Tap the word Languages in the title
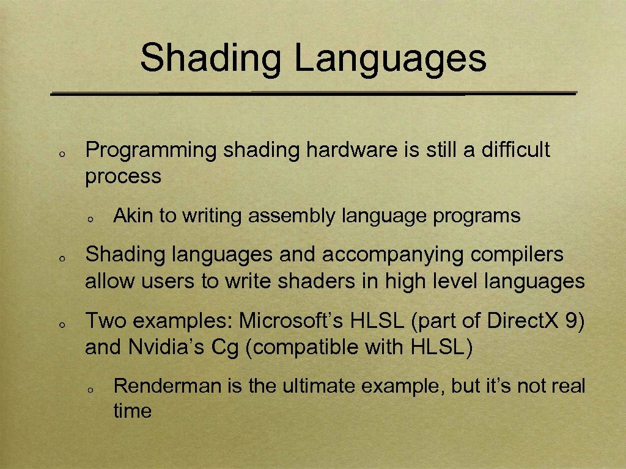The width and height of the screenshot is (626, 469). coord(390,59)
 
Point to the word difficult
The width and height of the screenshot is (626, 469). coord(516,150)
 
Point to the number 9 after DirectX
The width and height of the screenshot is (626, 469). coord(573,321)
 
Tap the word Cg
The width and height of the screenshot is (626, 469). coord(221,347)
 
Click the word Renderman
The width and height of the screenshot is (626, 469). coord(160,387)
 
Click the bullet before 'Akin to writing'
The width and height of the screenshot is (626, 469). coord(89,219)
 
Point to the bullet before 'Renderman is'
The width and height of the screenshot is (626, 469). coord(89,390)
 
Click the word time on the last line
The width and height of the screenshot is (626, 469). coord(132,411)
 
